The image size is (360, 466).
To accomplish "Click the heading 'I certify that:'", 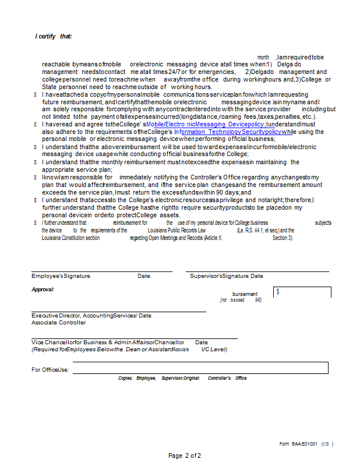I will (x=53, y=37).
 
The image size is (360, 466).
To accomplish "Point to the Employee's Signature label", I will (x=61, y=276).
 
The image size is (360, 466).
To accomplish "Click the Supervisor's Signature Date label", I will (x=227, y=276).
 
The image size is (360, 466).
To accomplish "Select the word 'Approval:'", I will (x=43, y=289).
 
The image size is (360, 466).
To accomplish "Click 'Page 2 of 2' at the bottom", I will (x=185, y=456).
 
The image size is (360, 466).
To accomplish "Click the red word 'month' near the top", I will (x=263, y=57).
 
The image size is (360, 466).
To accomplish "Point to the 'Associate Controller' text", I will (x=58, y=322).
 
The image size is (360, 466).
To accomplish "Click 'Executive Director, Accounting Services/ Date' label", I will (x=91, y=315).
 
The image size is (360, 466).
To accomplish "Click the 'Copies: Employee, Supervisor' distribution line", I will (x=182, y=378).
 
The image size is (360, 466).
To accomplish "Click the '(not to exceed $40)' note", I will (x=241, y=300).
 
